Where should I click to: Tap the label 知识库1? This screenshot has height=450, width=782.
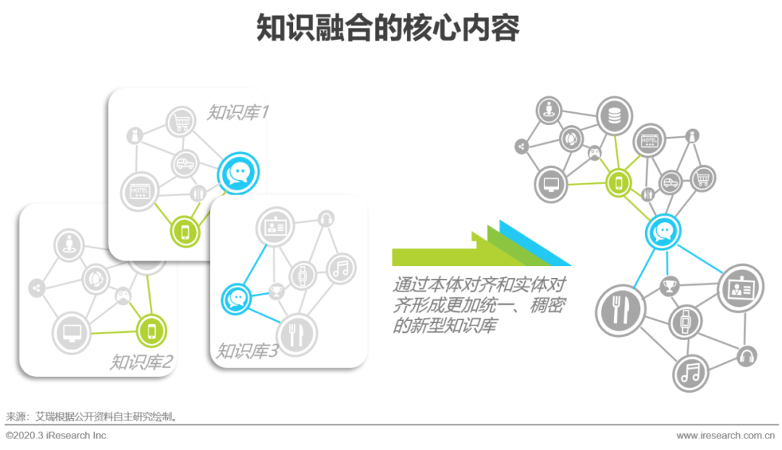click(238, 112)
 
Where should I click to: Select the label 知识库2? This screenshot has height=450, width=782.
click(141, 361)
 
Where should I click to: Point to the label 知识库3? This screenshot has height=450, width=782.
click(247, 352)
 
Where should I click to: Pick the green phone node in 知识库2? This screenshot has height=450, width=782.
click(152, 331)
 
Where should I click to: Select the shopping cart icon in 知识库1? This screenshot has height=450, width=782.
click(181, 123)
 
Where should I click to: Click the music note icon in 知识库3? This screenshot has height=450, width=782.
click(341, 268)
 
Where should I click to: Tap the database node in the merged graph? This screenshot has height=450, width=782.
click(615, 116)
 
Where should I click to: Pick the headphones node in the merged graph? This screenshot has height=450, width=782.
click(746, 356)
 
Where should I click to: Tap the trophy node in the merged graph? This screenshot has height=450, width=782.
click(668, 286)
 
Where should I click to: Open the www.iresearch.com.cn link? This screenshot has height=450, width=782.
click(725, 436)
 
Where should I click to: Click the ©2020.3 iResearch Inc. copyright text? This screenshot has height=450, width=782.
click(57, 436)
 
